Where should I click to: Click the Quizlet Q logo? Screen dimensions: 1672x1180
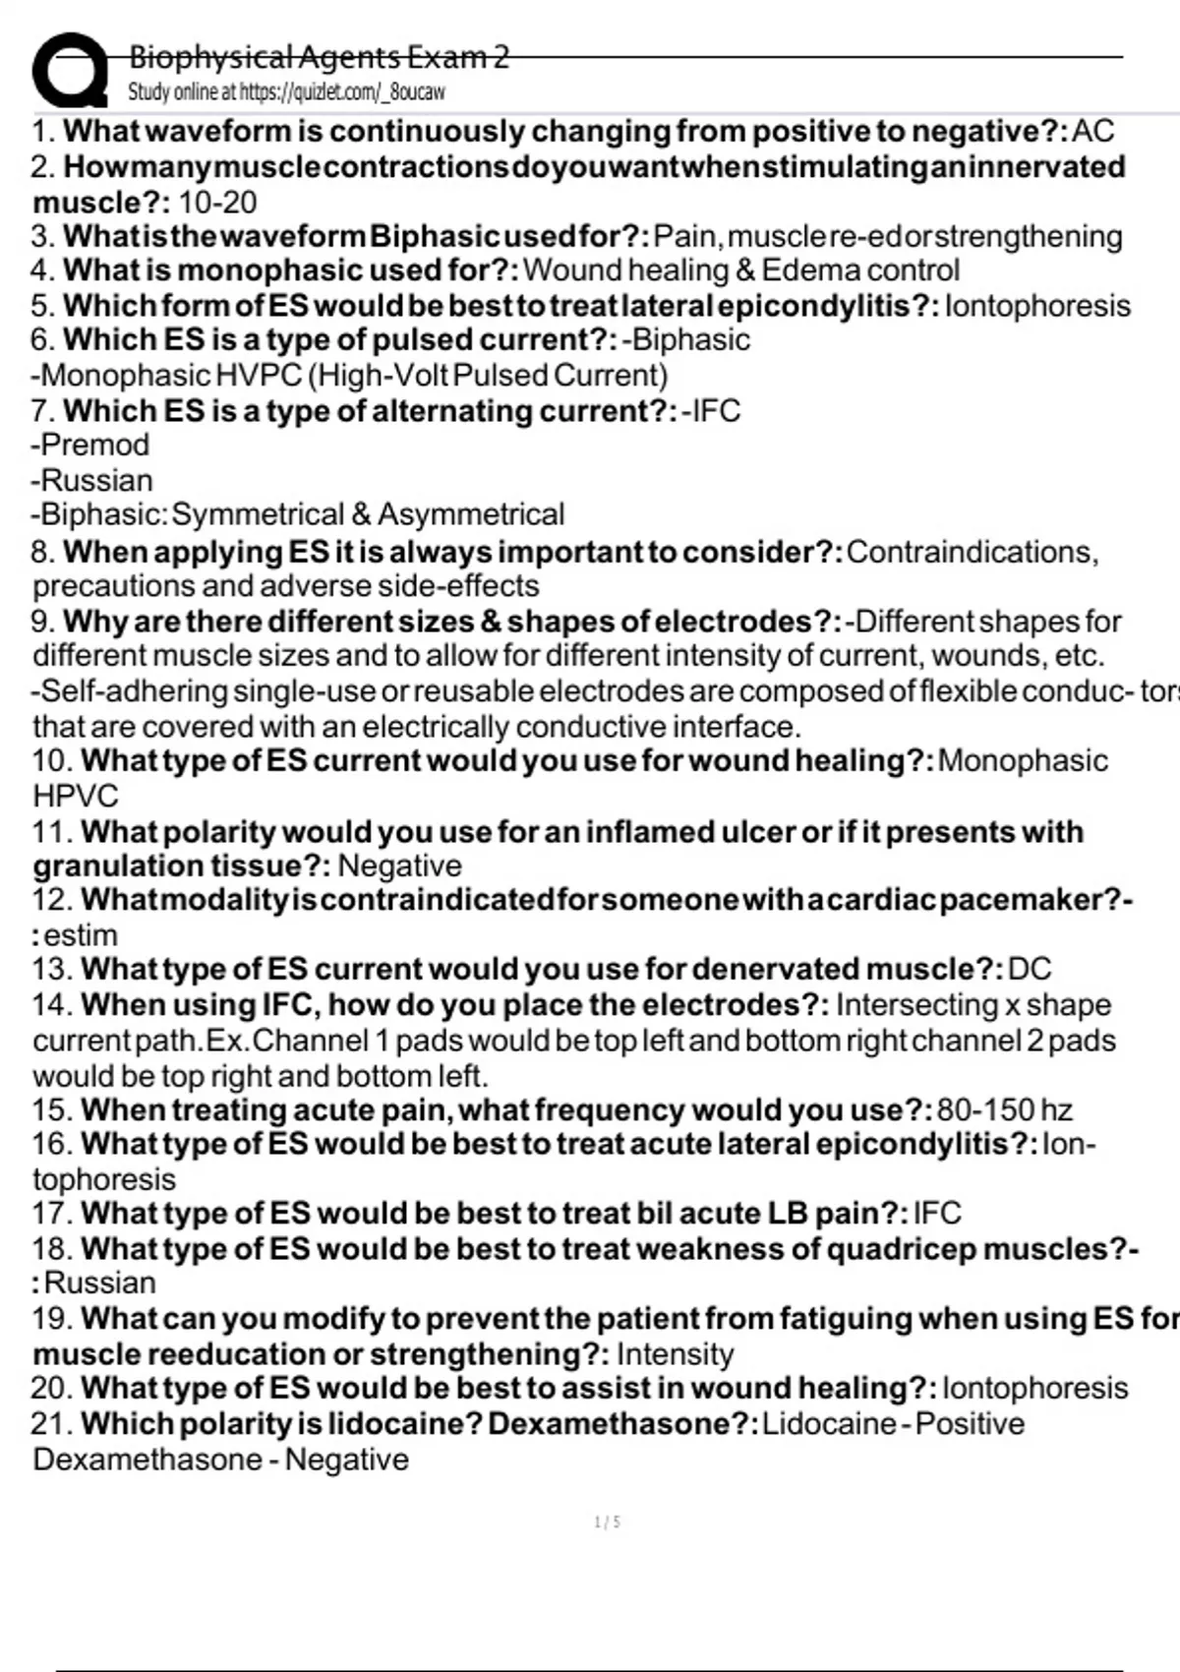(69, 71)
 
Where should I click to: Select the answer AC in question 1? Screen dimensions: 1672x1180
(1092, 131)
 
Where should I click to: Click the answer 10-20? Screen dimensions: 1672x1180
(217, 203)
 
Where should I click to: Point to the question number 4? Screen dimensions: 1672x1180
(42, 270)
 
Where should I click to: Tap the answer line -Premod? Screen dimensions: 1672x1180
(90, 445)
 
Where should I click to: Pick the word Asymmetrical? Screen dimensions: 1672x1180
(471, 514)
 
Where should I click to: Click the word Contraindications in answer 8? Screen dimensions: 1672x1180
(971, 552)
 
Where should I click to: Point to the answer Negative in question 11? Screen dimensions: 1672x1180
(399, 866)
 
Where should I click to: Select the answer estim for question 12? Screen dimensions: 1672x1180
(81, 935)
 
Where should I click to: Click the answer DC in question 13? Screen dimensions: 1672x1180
(1030, 970)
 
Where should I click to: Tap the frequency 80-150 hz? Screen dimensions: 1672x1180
(1004, 1110)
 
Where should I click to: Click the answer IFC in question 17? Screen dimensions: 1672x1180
(937, 1214)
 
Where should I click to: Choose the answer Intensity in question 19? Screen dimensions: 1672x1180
(675, 1354)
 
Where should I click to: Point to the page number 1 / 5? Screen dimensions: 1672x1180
(608, 1523)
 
